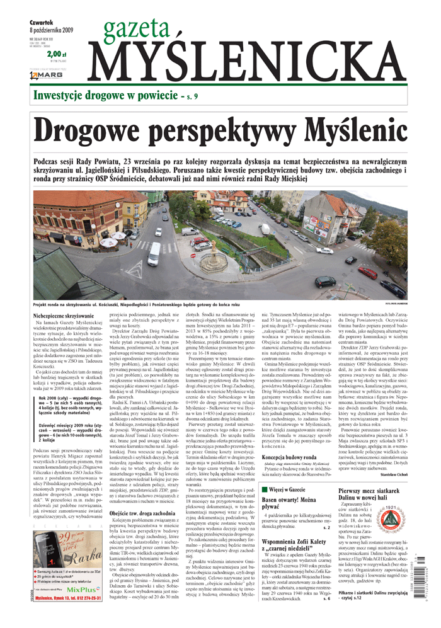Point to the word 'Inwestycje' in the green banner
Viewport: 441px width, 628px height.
[62, 96]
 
